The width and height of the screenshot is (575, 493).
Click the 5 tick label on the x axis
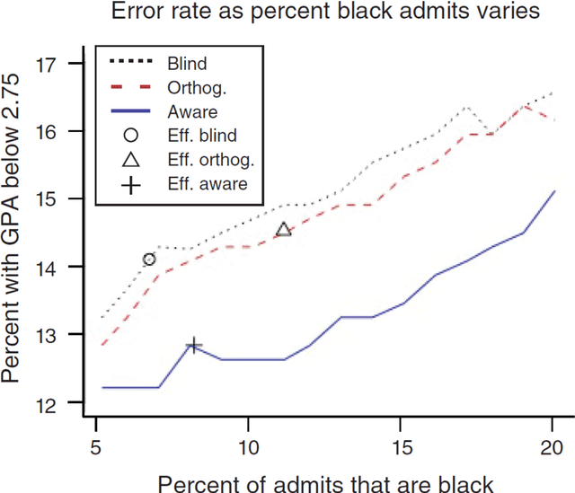pos(95,446)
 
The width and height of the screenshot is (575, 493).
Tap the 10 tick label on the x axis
pos(248,446)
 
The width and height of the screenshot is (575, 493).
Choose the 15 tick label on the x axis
pos(401,446)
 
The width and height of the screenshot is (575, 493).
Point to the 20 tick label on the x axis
pos(553,446)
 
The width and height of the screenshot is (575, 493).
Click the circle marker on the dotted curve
pos(149,259)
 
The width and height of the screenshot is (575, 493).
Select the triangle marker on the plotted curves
pos(283,230)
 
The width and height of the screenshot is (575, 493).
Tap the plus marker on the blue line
pos(193,345)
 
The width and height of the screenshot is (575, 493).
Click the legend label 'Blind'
pos(186,64)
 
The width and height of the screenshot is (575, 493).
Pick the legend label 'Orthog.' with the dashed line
pos(195,88)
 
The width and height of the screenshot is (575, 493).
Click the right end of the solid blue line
pos(554,191)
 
